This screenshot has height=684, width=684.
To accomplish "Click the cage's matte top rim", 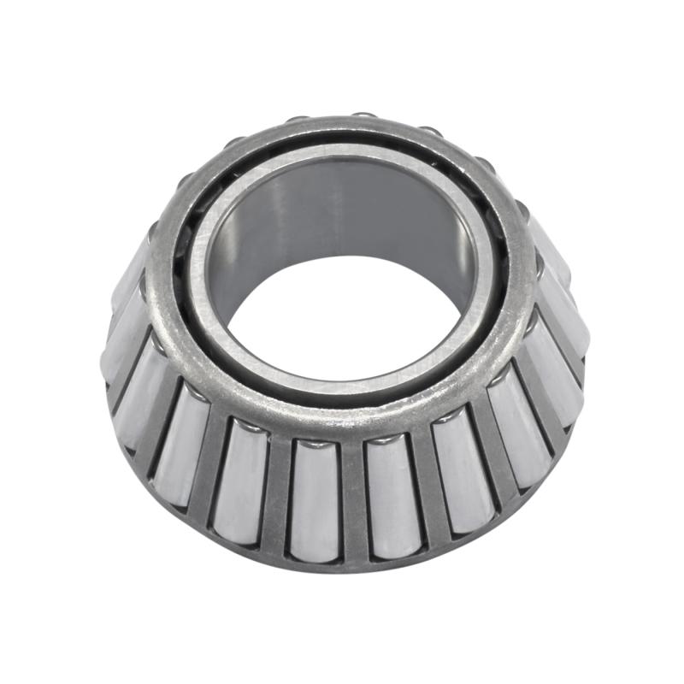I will [x=342, y=410].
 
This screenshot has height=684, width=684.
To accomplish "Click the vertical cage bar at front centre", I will [x=351, y=496].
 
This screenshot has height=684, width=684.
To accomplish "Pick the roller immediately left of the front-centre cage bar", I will [x=314, y=496].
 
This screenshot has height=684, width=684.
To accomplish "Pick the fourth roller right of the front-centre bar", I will [x=556, y=376].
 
